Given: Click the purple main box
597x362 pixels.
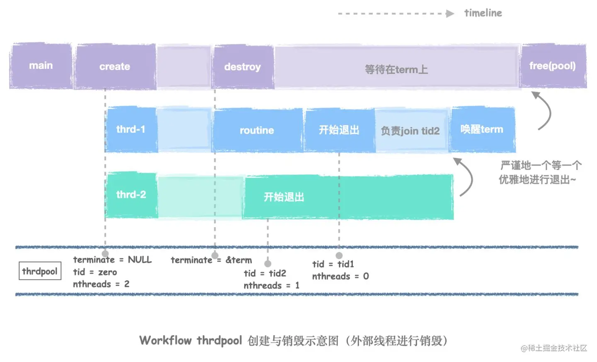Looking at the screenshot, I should [41, 66].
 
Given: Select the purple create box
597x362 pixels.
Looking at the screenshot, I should [115, 67].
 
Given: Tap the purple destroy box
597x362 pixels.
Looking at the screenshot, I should [243, 67].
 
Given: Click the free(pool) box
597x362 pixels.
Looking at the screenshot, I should [553, 66].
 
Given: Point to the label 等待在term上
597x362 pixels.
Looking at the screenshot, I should [396, 69].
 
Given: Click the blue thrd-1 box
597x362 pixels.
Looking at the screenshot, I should [131, 129].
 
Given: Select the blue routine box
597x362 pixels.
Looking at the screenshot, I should [257, 130].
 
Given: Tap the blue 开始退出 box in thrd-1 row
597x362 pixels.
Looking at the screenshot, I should [339, 130].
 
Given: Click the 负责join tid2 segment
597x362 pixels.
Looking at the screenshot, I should [410, 131].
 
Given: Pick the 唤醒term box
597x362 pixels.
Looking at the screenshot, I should [482, 129].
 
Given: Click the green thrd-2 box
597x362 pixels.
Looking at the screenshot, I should [131, 194].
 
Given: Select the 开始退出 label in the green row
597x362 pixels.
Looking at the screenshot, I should [284, 197].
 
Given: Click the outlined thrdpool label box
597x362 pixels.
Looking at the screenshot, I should [40, 271].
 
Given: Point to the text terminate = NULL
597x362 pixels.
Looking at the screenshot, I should [112, 260].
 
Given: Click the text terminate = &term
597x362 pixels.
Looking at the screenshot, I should [211, 260].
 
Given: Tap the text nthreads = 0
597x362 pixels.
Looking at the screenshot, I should [340, 276].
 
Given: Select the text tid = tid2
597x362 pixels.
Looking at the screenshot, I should [265, 273].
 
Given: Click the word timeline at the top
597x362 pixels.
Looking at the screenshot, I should [483, 13].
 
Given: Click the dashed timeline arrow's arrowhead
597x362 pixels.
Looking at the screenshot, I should [450, 14].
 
